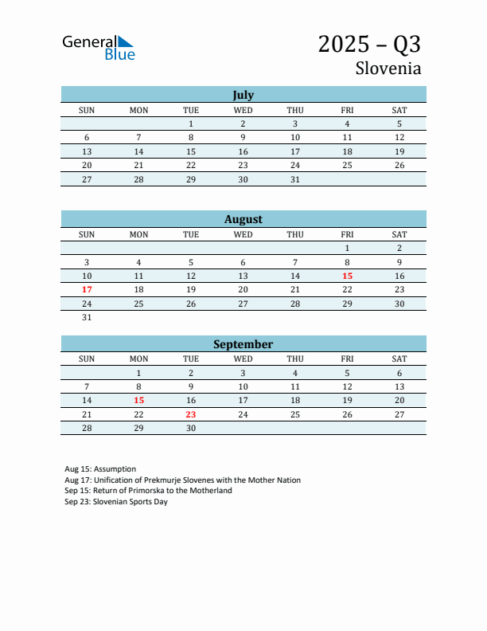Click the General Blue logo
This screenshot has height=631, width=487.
click(x=99, y=47)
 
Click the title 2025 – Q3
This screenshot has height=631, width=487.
click(x=369, y=44)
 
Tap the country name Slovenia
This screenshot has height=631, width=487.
click(x=388, y=68)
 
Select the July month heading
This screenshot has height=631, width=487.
click(x=243, y=95)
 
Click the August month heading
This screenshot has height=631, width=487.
click(x=243, y=219)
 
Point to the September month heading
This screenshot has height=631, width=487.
click(x=243, y=344)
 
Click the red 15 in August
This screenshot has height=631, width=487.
click(x=347, y=276)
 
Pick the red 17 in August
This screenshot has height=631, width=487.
click(x=87, y=289)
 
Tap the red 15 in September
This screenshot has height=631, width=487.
click(x=138, y=400)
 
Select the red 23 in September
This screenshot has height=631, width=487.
click(x=191, y=414)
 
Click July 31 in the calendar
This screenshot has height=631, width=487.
click(x=295, y=179)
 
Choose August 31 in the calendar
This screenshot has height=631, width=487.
click(x=87, y=317)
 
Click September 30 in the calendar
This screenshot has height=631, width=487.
click(x=191, y=428)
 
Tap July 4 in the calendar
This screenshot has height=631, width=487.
click(x=347, y=123)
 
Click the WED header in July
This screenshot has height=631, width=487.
click(x=243, y=110)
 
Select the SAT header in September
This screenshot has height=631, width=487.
click(x=399, y=359)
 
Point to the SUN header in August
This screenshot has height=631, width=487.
click(x=87, y=234)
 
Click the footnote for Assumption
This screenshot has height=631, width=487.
click(x=100, y=469)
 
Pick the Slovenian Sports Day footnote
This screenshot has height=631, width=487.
click(x=116, y=502)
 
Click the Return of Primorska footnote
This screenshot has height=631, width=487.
click(x=148, y=491)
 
